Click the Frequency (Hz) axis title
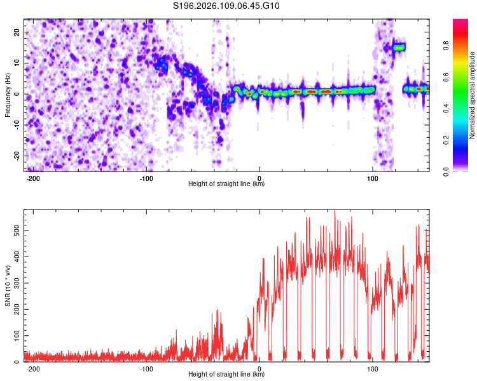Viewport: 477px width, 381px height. coord(8,95)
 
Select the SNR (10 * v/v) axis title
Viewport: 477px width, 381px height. coord(8,286)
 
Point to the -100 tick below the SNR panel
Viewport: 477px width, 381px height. coord(146,368)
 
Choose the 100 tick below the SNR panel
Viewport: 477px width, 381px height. coord(373,368)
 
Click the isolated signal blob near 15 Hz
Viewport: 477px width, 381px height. coord(399,47)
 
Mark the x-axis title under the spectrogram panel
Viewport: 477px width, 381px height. coord(226,184)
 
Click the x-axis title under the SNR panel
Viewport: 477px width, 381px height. coord(226,375)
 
